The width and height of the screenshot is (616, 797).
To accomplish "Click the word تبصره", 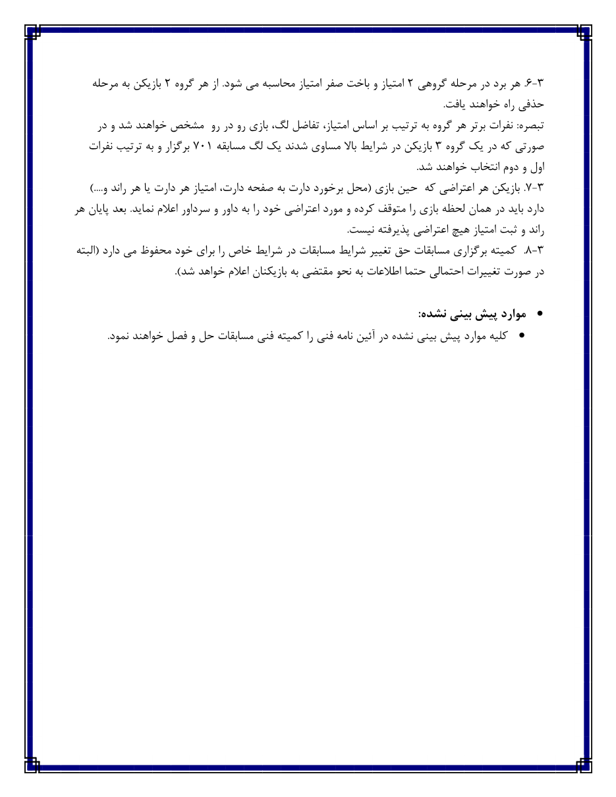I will [x=534, y=126].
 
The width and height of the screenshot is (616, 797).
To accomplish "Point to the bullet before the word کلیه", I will [x=522, y=336].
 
